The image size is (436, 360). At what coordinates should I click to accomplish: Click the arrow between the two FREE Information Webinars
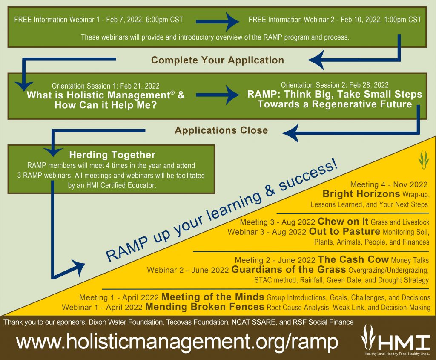218,21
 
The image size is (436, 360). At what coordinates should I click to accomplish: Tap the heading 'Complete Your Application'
218,60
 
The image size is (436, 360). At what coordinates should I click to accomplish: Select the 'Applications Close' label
221,130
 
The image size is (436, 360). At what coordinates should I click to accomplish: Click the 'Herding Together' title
112,155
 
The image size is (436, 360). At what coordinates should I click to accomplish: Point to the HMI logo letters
403,342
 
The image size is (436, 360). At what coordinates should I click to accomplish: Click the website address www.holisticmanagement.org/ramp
177,341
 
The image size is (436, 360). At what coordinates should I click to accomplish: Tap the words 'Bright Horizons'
361,193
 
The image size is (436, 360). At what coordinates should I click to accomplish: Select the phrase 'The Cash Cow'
353,259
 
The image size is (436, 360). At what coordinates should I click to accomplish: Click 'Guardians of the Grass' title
289,269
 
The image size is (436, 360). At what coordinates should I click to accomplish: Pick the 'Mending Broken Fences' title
205,307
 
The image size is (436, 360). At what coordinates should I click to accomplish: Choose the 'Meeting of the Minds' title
213,297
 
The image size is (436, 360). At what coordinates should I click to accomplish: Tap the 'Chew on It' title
343,222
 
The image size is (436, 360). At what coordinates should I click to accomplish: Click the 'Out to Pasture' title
344,231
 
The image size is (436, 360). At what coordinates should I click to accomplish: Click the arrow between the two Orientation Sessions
218,95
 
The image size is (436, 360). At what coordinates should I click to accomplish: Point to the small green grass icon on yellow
423,160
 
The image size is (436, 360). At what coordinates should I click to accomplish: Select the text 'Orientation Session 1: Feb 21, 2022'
106,86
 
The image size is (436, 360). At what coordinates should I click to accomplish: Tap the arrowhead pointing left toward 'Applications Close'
290,133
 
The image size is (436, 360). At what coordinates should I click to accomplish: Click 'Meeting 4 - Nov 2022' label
389,184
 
